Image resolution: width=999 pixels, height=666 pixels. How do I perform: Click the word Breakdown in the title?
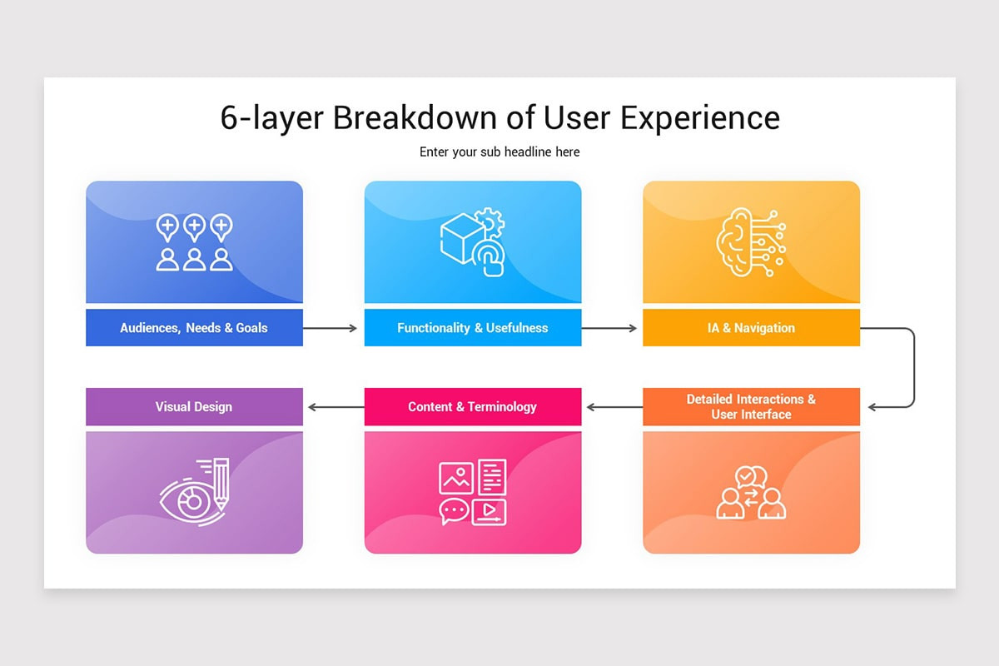(415, 117)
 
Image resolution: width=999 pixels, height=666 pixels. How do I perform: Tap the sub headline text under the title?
(499, 152)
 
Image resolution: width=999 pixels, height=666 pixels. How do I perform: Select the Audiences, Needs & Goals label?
(193, 328)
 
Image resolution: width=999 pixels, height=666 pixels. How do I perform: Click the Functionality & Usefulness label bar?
(473, 327)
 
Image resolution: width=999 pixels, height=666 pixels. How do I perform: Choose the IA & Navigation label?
(751, 328)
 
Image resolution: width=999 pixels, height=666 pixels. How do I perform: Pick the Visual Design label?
(193, 407)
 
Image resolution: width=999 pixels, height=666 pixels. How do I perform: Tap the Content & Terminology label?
(472, 407)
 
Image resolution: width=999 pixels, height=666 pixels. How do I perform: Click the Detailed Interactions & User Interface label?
(751, 406)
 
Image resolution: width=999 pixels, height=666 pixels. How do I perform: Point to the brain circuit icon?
(751, 242)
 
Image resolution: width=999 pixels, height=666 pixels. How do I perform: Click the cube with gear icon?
(473, 242)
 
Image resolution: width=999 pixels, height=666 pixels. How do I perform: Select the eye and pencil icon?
(195, 492)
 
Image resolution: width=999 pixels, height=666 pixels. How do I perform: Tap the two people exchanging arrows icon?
(751, 493)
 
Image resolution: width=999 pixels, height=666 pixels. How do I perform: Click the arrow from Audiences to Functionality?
(330, 328)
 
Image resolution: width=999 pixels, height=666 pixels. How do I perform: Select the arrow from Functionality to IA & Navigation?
(609, 328)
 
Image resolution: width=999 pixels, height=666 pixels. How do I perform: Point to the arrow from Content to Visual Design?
(336, 407)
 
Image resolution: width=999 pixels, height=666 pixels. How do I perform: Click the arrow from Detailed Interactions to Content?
(614, 407)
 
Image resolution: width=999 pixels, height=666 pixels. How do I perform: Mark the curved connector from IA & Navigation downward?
(914, 368)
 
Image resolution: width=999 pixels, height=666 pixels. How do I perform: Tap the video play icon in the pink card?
(489, 512)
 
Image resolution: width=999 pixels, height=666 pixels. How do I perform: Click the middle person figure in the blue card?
(195, 260)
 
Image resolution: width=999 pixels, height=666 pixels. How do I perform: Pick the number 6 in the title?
(229, 118)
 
